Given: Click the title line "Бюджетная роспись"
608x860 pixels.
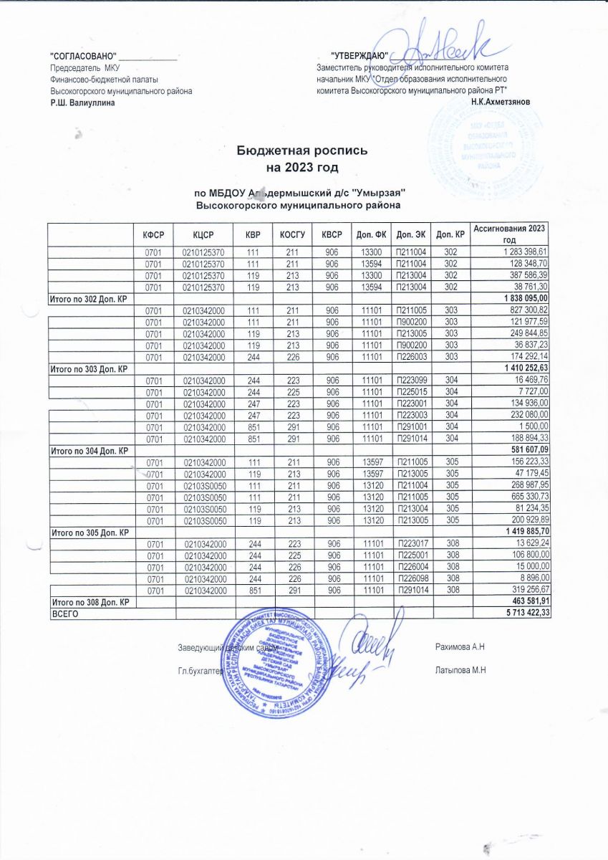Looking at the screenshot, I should pos(303,152).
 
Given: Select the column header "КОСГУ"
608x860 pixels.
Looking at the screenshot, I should pos(293,234).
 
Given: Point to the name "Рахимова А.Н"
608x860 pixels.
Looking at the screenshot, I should pos(460,648).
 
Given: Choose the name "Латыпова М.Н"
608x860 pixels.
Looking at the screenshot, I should pos(460,671).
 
